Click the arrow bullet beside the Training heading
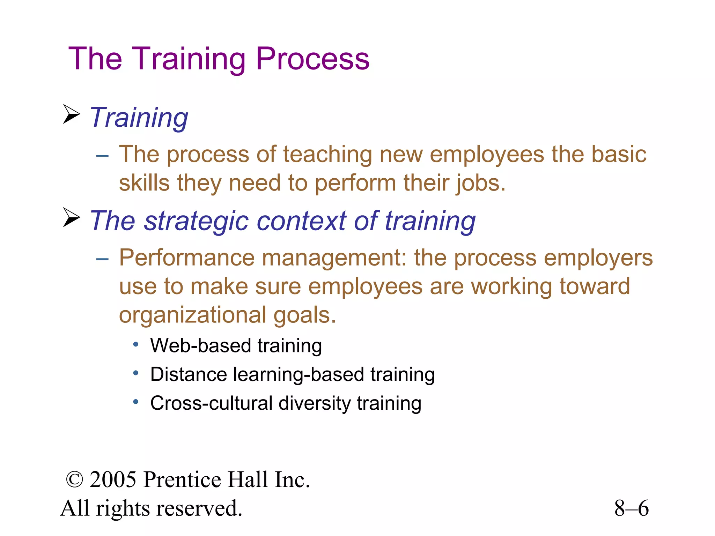[x=72, y=114]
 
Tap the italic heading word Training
[x=139, y=118]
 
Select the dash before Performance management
[x=102, y=259]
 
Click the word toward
[x=595, y=286]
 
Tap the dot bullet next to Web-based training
[x=136, y=345]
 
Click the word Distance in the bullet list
[x=189, y=374]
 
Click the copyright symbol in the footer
[x=74, y=480]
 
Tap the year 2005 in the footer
[x=113, y=479]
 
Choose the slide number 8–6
[x=631, y=508]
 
